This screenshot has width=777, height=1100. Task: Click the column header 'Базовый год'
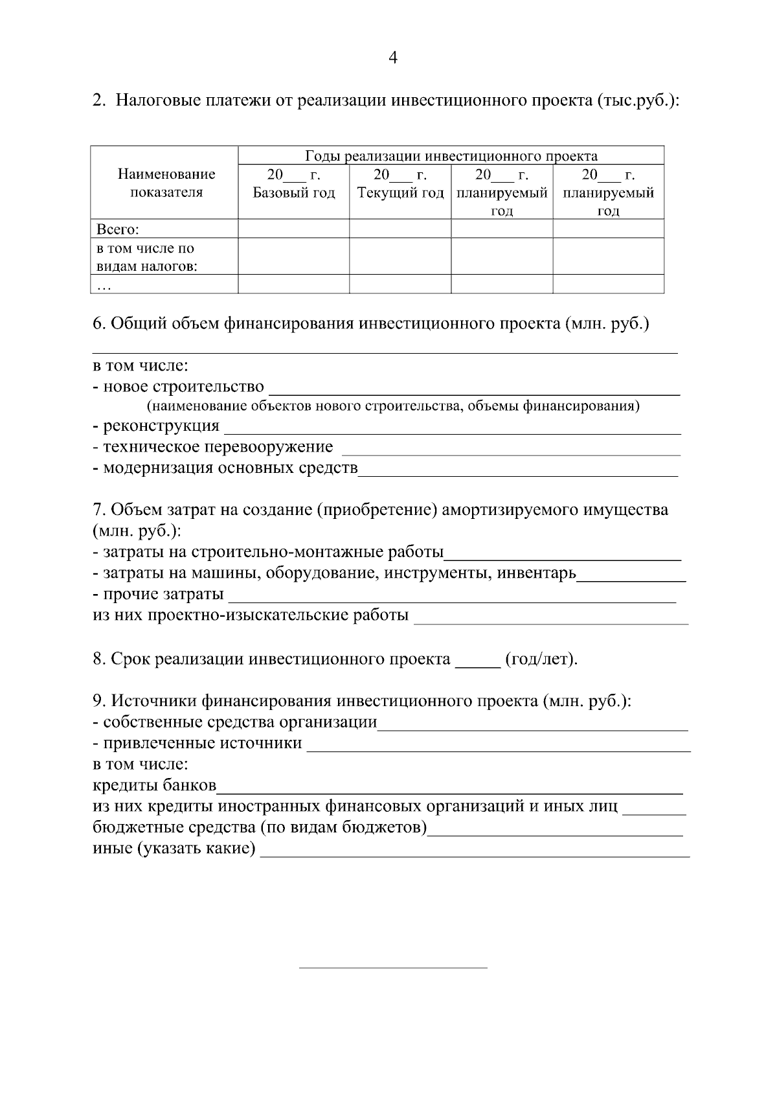coord(293,193)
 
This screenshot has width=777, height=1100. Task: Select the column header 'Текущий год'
coord(400,193)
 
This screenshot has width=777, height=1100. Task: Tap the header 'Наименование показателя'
coord(166,183)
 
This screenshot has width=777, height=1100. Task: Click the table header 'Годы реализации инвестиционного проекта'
coord(451,156)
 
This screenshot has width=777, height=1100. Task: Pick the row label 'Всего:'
coord(118,229)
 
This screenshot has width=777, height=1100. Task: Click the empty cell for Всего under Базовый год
coord(293,229)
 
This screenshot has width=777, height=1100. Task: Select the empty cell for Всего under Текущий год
coord(400,229)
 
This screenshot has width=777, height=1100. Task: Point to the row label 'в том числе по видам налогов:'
coord(146,257)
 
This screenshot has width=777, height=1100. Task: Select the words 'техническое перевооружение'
coord(218,447)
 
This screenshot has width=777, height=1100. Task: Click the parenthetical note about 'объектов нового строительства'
coord(393,406)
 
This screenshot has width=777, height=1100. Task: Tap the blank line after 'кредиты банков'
coord(450,791)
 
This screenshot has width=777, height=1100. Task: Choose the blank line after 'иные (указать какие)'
coord(475,854)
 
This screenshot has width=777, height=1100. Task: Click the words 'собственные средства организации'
coord(240,722)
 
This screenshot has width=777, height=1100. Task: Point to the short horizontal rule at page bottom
coord(393,968)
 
